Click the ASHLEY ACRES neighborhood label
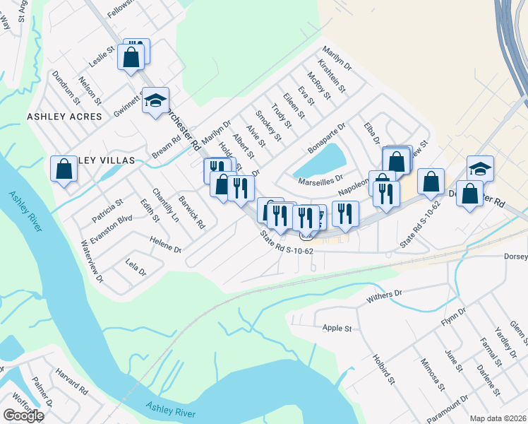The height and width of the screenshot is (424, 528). tap(64, 116)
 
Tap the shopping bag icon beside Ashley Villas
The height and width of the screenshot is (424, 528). tap(64, 170)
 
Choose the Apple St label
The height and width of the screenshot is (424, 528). tap(337, 328)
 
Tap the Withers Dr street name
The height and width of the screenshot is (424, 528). tap(384, 297)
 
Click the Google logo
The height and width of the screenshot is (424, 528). tap(23, 416)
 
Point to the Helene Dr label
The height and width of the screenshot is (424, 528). tap(166, 249)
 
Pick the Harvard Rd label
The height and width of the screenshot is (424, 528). tap(71, 390)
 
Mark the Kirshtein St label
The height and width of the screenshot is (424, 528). tap(332, 77)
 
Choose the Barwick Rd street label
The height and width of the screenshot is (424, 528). tap(191, 212)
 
